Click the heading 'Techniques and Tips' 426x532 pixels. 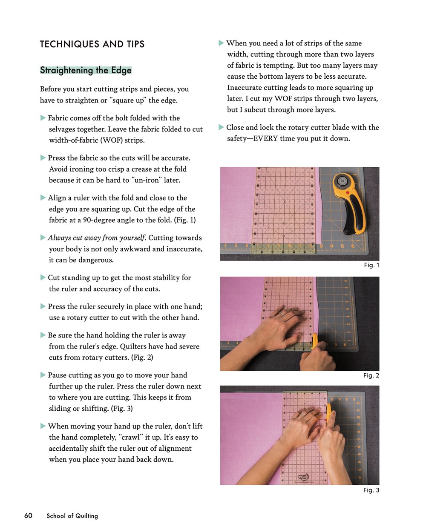coord(92,44)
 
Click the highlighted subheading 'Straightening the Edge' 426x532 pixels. coord(86,70)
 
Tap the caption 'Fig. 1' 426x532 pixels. coord(371,265)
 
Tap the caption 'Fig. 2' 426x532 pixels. coord(371,375)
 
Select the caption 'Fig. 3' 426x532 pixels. coord(371,490)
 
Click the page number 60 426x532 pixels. coord(28,516)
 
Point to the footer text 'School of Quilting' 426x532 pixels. coord(72,516)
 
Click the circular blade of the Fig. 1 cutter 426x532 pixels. coord(342,181)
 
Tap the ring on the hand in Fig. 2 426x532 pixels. coord(282,314)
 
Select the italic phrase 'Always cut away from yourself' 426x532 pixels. coord(97,238)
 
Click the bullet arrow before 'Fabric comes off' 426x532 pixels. coord(43,118)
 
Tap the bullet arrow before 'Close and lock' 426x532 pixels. coord(221,127)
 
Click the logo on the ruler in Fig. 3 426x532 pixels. coord(303,477)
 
